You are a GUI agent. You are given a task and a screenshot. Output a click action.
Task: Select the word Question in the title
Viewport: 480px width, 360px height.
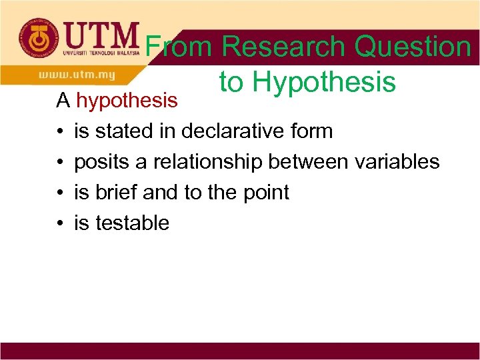pyautogui.click(x=413, y=47)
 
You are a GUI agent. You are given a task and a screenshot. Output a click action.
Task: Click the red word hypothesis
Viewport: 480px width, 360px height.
pyautogui.click(x=127, y=101)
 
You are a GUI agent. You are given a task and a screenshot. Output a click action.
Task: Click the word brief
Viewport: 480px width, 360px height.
pyautogui.click(x=117, y=192)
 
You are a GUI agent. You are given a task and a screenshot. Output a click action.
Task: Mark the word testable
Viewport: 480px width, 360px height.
pyautogui.click(x=132, y=223)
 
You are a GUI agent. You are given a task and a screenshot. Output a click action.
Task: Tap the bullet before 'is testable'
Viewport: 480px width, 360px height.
pyautogui.click(x=60, y=223)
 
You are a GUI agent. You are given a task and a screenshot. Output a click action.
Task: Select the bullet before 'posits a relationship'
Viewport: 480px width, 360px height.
pyautogui.click(x=60, y=162)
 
